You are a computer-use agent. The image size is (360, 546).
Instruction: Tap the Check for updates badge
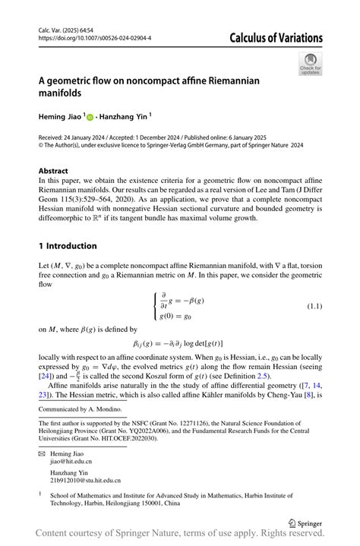[x=310, y=64]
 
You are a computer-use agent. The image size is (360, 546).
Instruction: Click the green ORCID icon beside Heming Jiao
[x=90, y=117]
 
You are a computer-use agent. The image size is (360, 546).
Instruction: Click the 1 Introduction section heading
[x=68, y=246]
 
